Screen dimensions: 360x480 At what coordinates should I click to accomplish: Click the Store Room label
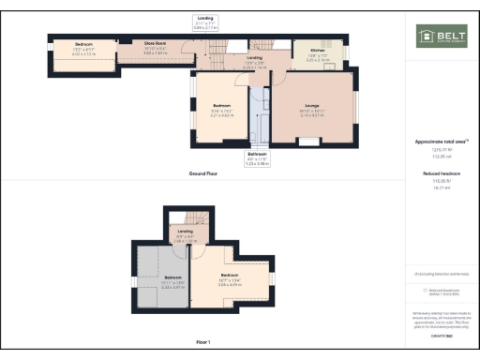pos(154,46)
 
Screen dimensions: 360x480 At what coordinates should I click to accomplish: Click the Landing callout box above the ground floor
pos(205,22)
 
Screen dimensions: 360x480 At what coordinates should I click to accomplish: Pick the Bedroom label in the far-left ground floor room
pos(84,47)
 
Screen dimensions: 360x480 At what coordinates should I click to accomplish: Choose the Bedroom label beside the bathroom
pos(222,108)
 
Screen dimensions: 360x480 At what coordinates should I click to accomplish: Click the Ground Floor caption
pos(202,174)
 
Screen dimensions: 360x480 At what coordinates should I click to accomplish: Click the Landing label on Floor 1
pos(186,232)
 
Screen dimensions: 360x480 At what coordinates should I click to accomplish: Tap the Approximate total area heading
pos(440,142)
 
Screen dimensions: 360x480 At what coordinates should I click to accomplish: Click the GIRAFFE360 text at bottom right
pos(440,334)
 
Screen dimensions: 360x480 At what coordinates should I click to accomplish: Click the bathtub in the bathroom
pos(262,117)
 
